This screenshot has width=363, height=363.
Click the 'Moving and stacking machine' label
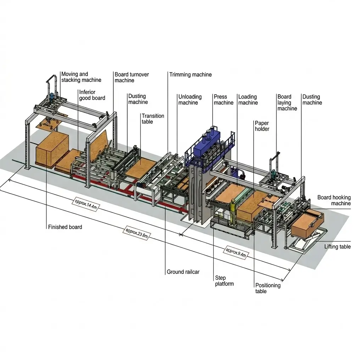coord(81,77)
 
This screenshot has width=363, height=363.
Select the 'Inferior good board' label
coord(92,95)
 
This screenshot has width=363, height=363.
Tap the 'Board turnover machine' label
coord(132,77)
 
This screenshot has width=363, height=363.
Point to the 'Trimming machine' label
coord(190,74)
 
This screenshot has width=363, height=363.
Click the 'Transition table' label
coord(153,119)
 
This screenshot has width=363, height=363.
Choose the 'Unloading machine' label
coord(190,100)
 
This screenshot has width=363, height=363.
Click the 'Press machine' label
coord(223,100)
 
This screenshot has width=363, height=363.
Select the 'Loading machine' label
coord(248,100)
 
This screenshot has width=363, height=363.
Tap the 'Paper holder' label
coord(262,126)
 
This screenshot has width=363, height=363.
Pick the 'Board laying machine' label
coord(287,102)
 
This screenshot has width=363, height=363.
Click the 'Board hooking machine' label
coord(334,200)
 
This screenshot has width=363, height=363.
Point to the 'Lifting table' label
coord(337,246)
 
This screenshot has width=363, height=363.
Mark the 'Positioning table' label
coord(268,288)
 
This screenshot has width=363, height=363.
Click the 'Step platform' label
coord(224,281)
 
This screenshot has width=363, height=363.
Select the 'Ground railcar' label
coord(183,272)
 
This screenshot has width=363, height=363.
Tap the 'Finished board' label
coord(65,227)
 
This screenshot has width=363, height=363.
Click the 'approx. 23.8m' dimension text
coord(135,234)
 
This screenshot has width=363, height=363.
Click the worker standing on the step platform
coord(232,212)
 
